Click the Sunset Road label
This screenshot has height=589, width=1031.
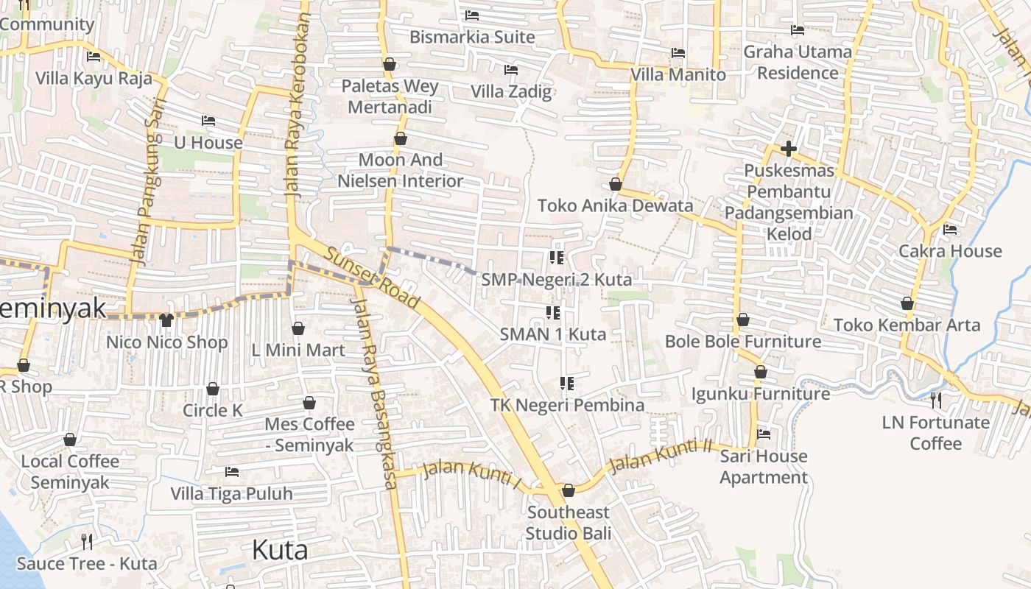pos(372,278)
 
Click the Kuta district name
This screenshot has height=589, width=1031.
pos(280,550)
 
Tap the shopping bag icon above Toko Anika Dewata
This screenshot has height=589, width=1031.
pos(616,184)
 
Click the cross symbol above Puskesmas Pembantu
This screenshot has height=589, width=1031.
pos(789,149)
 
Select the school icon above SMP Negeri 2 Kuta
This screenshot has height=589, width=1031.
pos(557,258)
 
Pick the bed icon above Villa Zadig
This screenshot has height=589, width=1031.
pos(511,70)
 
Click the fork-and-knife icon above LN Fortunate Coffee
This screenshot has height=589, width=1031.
pos(936,401)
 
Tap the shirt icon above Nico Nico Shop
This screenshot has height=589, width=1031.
pos(166,320)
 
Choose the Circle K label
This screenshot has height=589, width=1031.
pos(213,410)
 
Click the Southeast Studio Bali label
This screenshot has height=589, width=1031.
pos(569,522)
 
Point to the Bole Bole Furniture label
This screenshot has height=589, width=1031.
pos(743,342)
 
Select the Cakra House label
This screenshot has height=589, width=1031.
pos(950,251)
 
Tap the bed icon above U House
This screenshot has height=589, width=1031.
pos(208,121)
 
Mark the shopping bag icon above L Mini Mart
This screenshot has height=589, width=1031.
pos(298,328)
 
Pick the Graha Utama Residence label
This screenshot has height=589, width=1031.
pos(798,63)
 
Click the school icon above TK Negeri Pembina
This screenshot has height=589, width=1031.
pos(567,383)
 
